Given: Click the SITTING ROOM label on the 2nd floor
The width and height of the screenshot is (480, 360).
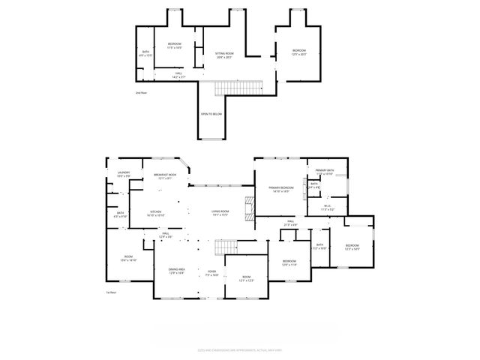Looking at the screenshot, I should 225,55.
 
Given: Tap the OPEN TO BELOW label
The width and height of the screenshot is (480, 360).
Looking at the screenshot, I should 211,114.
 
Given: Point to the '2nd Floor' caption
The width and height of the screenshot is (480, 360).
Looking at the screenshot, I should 141,93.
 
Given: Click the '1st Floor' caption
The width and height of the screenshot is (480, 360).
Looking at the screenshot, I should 110,292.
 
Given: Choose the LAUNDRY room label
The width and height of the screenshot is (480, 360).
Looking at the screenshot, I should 124,174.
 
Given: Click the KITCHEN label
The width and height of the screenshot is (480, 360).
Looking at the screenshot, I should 156,213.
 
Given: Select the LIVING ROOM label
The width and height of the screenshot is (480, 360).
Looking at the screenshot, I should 220,213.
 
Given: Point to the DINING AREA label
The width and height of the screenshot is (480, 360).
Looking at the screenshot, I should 177,270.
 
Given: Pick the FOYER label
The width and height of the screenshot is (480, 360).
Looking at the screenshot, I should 211,273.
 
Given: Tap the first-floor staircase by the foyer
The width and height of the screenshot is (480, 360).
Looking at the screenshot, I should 226,247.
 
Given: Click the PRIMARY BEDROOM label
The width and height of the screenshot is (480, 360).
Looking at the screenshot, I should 280,190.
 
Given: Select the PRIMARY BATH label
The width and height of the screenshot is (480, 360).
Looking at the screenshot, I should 325,172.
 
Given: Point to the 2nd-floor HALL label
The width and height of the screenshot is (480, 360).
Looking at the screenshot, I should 178,75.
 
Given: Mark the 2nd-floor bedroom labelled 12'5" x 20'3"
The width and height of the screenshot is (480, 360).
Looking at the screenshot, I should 298,52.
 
